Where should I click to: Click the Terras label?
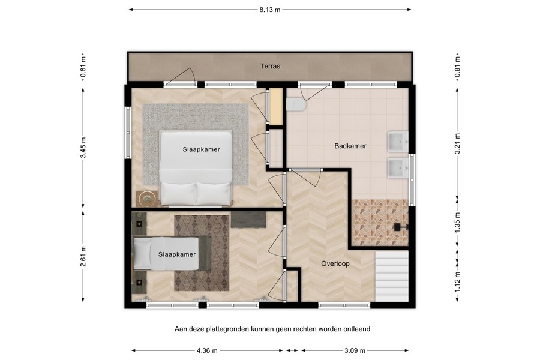270,67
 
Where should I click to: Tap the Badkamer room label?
350,146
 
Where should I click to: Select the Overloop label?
335,263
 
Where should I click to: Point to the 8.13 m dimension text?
270,10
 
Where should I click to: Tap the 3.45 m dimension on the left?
84,147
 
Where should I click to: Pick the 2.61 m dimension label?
84,256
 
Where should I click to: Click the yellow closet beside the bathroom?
276,107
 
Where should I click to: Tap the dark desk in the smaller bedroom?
248,219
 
